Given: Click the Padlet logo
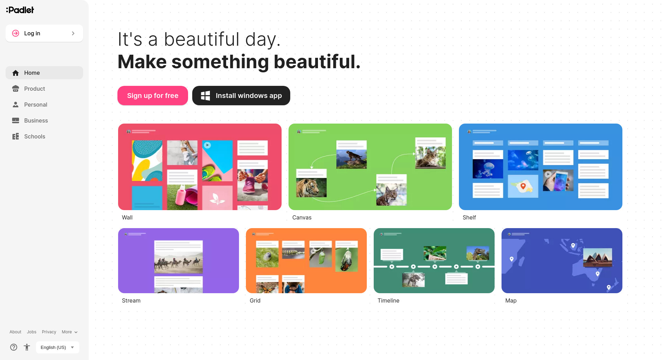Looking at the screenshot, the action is click(x=20, y=10).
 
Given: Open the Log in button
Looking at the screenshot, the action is click(x=44, y=33).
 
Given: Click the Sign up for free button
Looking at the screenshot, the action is click(x=153, y=96).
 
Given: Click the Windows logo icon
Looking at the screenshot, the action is click(x=205, y=96).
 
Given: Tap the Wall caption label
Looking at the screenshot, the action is click(x=127, y=217).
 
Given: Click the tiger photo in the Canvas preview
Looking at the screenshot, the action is click(x=311, y=187).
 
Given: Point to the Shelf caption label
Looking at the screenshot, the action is click(x=469, y=217).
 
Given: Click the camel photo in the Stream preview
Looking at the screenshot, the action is click(x=178, y=262).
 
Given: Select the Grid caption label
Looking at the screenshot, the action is click(x=255, y=300).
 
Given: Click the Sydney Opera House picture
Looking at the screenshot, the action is click(x=598, y=258).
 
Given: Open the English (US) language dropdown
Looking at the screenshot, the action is click(x=57, y=347).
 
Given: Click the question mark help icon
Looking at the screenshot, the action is click(x=14, y=347).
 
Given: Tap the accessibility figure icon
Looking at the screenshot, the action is click(x=27, y=347).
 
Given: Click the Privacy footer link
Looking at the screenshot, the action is click(x=49, y=332).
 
